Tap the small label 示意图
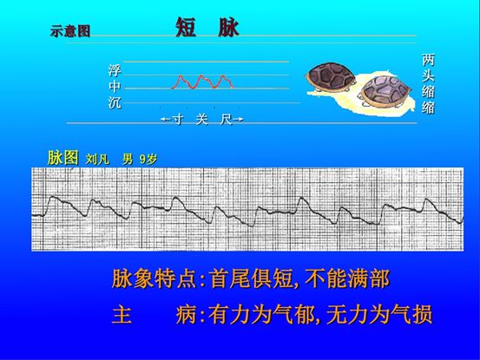pos(69,33)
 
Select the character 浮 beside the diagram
pos(114,71)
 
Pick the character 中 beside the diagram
pos(114,87)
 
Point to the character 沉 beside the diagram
pos(114,102)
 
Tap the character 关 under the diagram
pos(201,119)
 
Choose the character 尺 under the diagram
pos(226,119)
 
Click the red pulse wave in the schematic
pos(203,82)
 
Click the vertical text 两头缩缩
pos(428,84)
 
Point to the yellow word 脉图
pos(62,158)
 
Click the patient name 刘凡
pos(96,160)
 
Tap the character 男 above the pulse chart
pos(127,160)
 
